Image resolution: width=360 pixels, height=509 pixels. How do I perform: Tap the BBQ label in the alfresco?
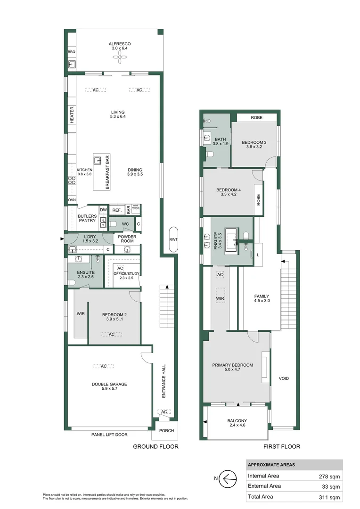point(72,52)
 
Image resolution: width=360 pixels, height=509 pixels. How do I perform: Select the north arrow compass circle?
point(229,479)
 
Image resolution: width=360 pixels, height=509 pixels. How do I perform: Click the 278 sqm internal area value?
point(329,476)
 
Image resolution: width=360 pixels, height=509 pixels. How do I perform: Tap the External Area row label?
point(264,486)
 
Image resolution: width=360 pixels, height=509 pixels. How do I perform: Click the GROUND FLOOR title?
point(155,446)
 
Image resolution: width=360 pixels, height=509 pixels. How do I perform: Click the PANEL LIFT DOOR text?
point(109,435)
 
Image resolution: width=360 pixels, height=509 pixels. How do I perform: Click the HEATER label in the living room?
point(72,115)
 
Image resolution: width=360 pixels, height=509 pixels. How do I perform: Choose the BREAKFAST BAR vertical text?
point(107,173)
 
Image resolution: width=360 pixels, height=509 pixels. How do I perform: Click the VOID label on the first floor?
point(284,378)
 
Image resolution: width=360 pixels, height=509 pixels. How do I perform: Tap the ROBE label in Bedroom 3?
point(256,118)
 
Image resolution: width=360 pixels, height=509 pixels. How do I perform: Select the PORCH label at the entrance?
point(166,430)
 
